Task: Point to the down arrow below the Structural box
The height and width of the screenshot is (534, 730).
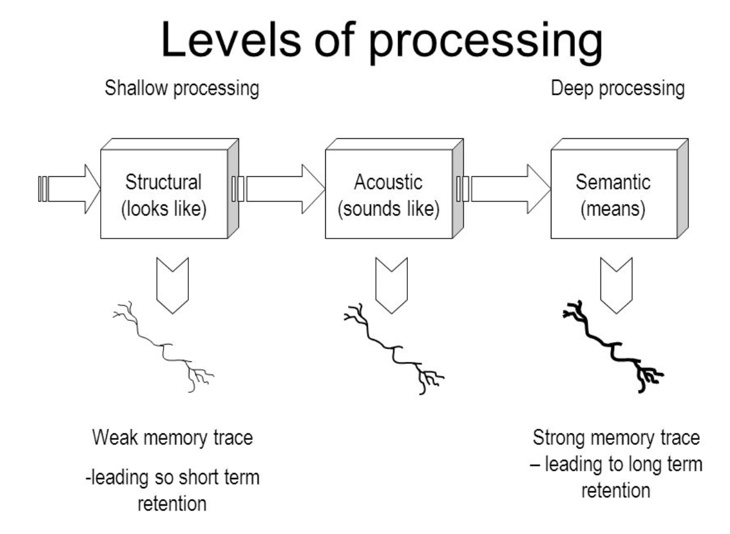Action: click(173, 284)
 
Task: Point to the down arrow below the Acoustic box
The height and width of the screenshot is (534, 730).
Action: click(392, 284)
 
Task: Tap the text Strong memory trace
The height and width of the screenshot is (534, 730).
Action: click(616, 438)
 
